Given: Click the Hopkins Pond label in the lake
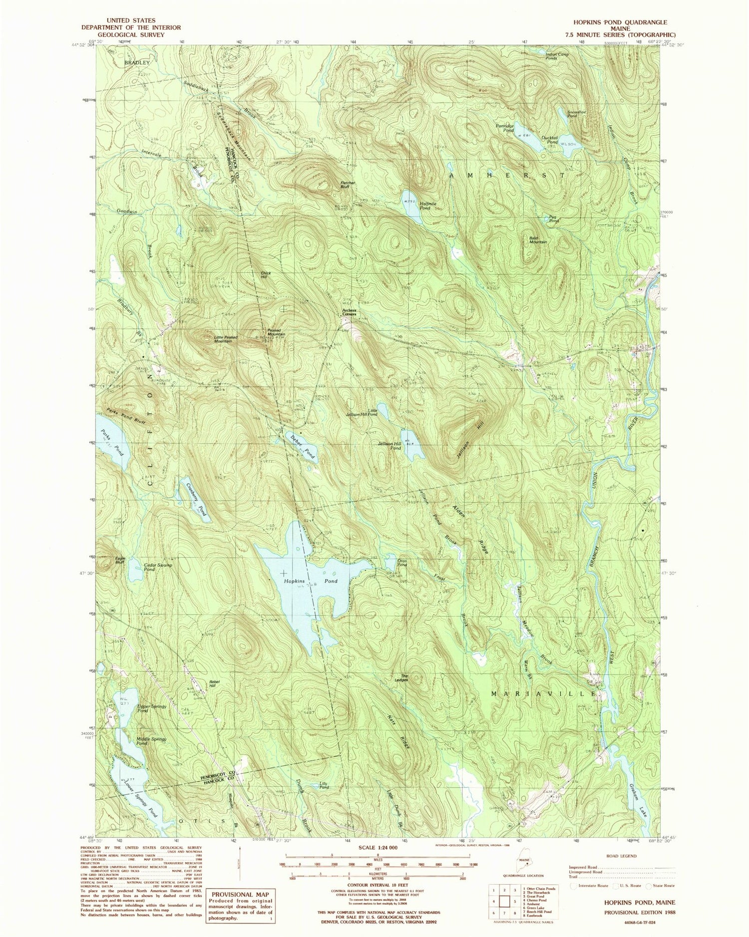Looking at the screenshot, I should click(x=311, y=581).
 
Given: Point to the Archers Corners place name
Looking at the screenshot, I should click(x=348, y=312).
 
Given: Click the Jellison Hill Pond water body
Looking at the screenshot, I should click(x=412, y=445).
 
